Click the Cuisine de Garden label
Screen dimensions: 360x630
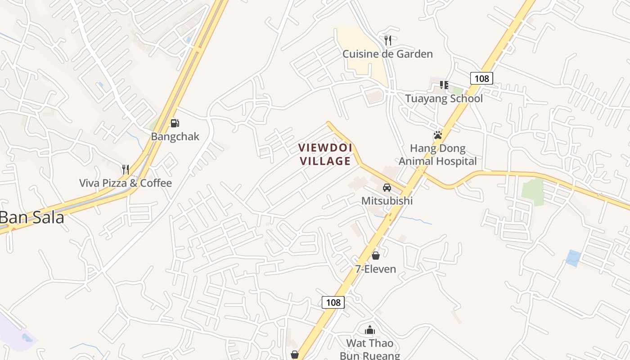[x=387, y=54]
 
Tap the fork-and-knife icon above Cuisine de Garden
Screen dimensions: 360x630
[x=388, y=40]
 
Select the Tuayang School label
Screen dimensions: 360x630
[x=444, y=99]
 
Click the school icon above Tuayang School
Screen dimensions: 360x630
[x=444, y=85]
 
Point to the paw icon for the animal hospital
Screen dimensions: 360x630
[x=437, y=135]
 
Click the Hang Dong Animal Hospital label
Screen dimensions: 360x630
[x=437, y=155]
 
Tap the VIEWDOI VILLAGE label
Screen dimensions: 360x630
[x=325, y=154]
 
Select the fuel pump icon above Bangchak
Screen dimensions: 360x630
[x=175, y=123]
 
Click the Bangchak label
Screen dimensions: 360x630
[x=175, y=136]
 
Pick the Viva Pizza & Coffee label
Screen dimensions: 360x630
[x=126, y=183]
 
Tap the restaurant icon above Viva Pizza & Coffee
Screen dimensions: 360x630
[x=126, y=170]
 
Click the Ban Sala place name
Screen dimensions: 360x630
[x=32, y=218]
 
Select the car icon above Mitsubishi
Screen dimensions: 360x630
[x=387, y=187]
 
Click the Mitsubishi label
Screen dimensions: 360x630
[x=387, y=201]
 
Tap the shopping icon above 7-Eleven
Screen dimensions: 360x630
[x=376, y=256]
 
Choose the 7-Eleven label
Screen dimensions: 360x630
[x=376, y=269]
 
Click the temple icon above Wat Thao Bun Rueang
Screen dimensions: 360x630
[x=370, y=330]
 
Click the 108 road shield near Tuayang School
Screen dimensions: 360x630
[x=481, y=78]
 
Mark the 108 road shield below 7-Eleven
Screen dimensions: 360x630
[x=333, y=302]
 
